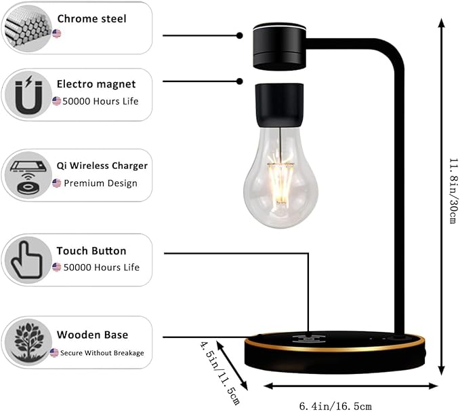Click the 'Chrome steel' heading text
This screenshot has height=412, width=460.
[91, 18]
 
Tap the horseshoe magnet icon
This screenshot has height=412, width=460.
[26, 94]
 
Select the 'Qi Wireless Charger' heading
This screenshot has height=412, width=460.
[102, 166]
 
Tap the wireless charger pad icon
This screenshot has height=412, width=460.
[26, 176]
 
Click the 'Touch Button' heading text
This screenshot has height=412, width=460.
[91, 251]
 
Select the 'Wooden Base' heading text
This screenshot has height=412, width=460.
[92, 335]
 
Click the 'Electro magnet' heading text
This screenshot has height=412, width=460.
[96, 84]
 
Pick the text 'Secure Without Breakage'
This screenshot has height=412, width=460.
[102, 353]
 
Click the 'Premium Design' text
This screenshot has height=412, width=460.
[100, 183]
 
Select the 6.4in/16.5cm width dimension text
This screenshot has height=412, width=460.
[336, 406]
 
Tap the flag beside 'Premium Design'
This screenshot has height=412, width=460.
[57, 183]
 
